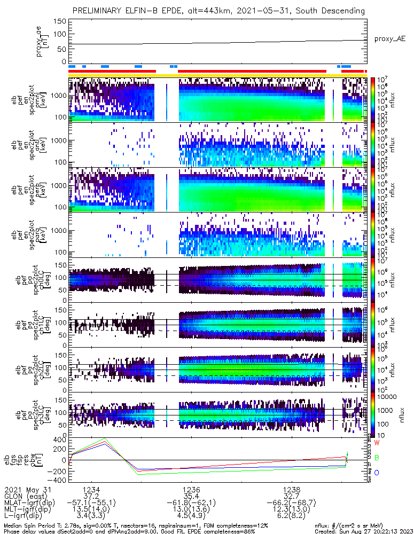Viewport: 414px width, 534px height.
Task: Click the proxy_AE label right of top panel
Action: click(390, 39)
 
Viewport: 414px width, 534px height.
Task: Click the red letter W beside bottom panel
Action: click(377, 443)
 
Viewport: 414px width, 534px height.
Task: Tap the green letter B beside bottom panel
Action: click(377, 458)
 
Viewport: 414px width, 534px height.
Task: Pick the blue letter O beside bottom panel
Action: click(377, 473)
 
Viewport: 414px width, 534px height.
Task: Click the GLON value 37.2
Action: click(91, 496)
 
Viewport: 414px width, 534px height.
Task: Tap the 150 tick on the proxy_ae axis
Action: click(60, 21)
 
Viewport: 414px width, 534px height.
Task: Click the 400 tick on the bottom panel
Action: click(59, 439)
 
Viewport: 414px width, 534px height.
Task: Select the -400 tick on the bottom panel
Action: click(57, 480)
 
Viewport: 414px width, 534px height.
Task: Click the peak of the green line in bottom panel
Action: click(105, 438)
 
